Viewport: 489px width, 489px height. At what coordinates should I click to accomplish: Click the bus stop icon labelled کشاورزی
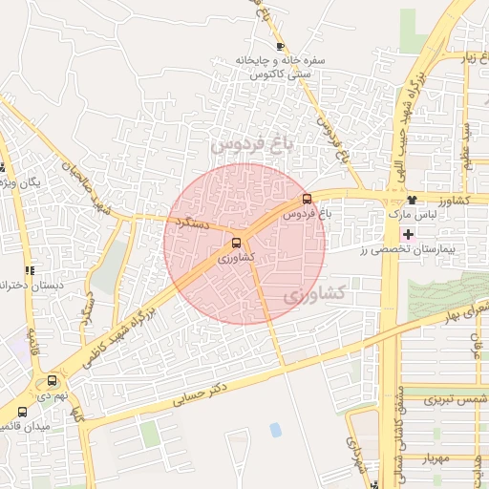237,243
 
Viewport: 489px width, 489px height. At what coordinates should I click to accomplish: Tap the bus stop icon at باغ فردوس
306,200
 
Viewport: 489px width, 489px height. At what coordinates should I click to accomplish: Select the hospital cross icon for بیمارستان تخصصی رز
409,234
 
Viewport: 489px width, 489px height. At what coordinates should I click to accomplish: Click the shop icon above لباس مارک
412,200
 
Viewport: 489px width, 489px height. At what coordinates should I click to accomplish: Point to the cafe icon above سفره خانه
280,46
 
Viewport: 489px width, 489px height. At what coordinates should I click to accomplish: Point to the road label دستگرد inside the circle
195,223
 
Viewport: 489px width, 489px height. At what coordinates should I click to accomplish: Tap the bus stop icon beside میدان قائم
22,413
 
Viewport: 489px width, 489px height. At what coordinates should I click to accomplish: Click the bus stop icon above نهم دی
52,380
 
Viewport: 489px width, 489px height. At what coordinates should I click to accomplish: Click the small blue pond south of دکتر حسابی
276,430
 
